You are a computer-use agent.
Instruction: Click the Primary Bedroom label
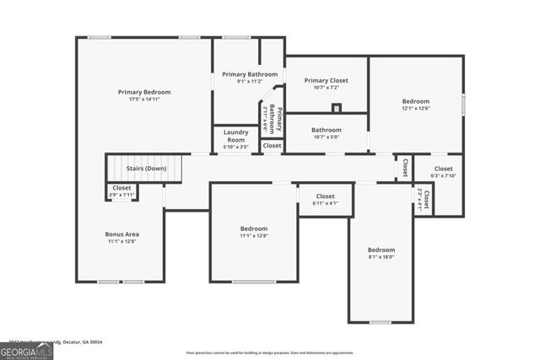(x=144, y=92)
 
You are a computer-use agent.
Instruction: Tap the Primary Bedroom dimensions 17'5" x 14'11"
(x=144, y=100)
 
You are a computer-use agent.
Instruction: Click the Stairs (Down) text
(x=146, y=169)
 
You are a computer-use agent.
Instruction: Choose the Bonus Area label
(x=121, y=234)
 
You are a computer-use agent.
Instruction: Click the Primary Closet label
(x=326, y=81)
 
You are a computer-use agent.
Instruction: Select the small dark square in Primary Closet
(x=337, y=107)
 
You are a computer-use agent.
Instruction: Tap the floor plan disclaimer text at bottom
(x=270, y=352)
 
